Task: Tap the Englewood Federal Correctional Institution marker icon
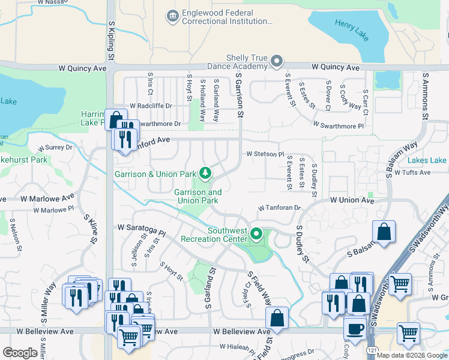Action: pos(172,16)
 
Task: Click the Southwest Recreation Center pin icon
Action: pos(257,233)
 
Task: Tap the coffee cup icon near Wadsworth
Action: pos(354,328)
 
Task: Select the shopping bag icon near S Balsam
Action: pos(384,232)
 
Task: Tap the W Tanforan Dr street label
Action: pos(279,208)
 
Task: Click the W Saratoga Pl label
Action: pos(142,229)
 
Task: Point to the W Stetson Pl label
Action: pos(265,154)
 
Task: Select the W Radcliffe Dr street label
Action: pos(150,106)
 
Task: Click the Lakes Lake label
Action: pos(427,161)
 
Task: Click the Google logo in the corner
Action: pos(20,352)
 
